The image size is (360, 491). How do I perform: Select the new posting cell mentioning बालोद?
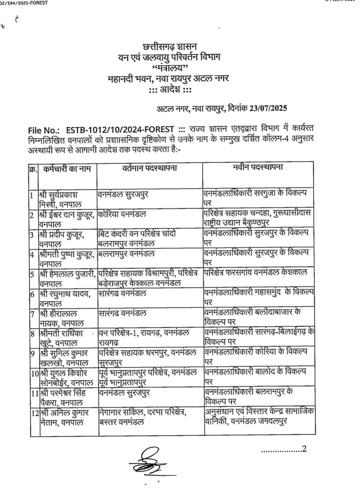coord(259,376)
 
